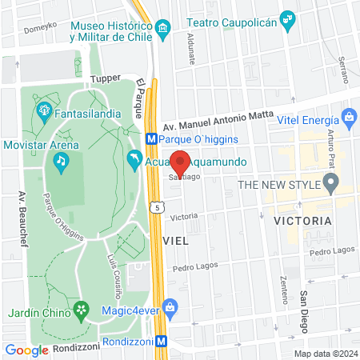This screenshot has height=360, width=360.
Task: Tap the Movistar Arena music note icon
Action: [60, 161]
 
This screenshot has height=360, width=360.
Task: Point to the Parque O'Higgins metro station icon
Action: [151, 138]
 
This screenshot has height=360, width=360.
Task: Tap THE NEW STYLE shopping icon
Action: [329, 186]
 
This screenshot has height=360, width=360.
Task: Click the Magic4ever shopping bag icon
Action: [170, 306]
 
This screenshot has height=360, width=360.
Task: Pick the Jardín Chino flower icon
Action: [80, 309]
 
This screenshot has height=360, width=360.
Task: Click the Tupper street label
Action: [105, 78]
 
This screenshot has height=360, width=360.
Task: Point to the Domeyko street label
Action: [40, 26]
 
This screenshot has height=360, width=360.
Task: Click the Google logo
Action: [26, 350]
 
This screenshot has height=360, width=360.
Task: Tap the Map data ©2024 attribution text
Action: [325, 354]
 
